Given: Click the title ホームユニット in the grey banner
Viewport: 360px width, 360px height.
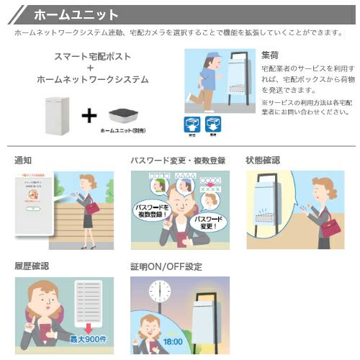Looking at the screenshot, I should pos(76,14).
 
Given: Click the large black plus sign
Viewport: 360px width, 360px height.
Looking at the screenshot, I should pos(89,115).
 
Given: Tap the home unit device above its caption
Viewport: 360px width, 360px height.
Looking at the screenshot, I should pos(124,115).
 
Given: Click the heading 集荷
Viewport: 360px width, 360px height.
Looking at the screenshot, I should pos(270,54).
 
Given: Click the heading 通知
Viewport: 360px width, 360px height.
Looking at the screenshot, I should pos(23,160).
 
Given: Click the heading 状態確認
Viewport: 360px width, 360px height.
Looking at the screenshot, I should pos(263,160).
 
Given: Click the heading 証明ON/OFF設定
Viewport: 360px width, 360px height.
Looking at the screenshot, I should pos(166,266).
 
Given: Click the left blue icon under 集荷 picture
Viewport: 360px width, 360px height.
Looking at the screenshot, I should pos(192,124).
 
